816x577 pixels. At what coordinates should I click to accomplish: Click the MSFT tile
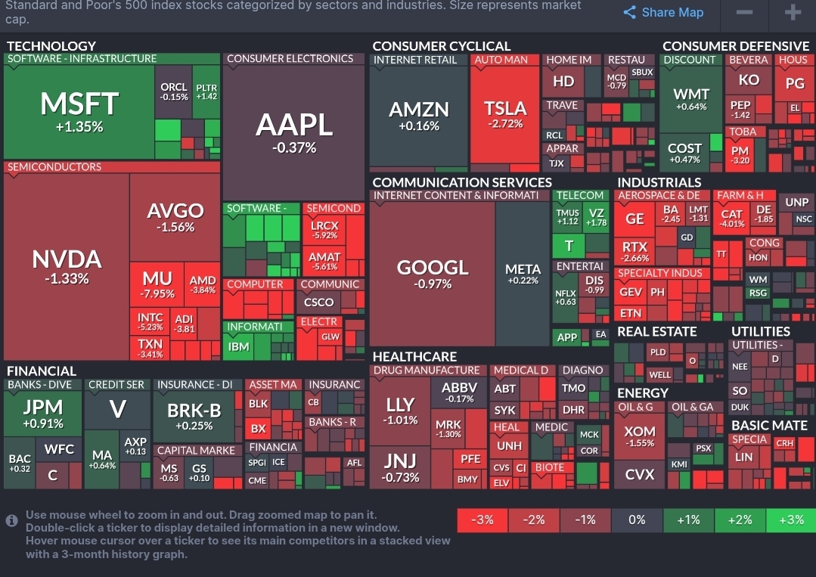pos(79,111)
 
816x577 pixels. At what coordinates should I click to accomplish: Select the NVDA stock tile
pos(67,267)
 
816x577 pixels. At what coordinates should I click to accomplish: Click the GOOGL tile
pos(433,274)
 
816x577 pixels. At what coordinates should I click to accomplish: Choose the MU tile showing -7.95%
pos(157,284)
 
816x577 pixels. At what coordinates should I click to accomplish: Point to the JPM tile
pos(43,414)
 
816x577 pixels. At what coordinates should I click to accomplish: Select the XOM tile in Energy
pos(640,435)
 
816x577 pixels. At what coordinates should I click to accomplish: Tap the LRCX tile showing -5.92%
pos(324,228)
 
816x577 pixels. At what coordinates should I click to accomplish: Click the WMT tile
pos(691,99)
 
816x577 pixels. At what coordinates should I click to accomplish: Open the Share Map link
pos(663,12)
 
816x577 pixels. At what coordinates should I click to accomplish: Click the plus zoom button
pos(793,13)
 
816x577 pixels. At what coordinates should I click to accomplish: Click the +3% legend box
pos(790,520)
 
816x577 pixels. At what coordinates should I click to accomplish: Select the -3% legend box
pos(482,520)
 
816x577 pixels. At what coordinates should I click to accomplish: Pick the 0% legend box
pos(637,520)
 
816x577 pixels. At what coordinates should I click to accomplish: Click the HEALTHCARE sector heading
pos(415,356)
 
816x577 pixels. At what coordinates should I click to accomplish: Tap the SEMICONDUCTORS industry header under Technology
pos(54,167)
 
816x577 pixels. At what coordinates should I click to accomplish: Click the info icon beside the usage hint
pos(11,520)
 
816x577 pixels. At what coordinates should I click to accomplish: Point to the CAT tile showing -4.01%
pos(732,218)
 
